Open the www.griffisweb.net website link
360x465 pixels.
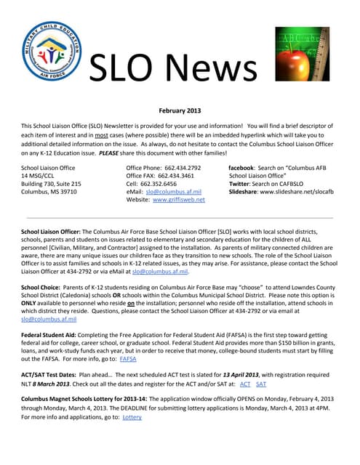point(178,199)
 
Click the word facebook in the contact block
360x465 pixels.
point(246,168)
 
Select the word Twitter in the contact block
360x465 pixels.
point(241,184)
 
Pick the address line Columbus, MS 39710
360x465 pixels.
point(49,192)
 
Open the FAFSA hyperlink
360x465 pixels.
point(128,359)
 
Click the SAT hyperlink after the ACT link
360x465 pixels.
point(261,383)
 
